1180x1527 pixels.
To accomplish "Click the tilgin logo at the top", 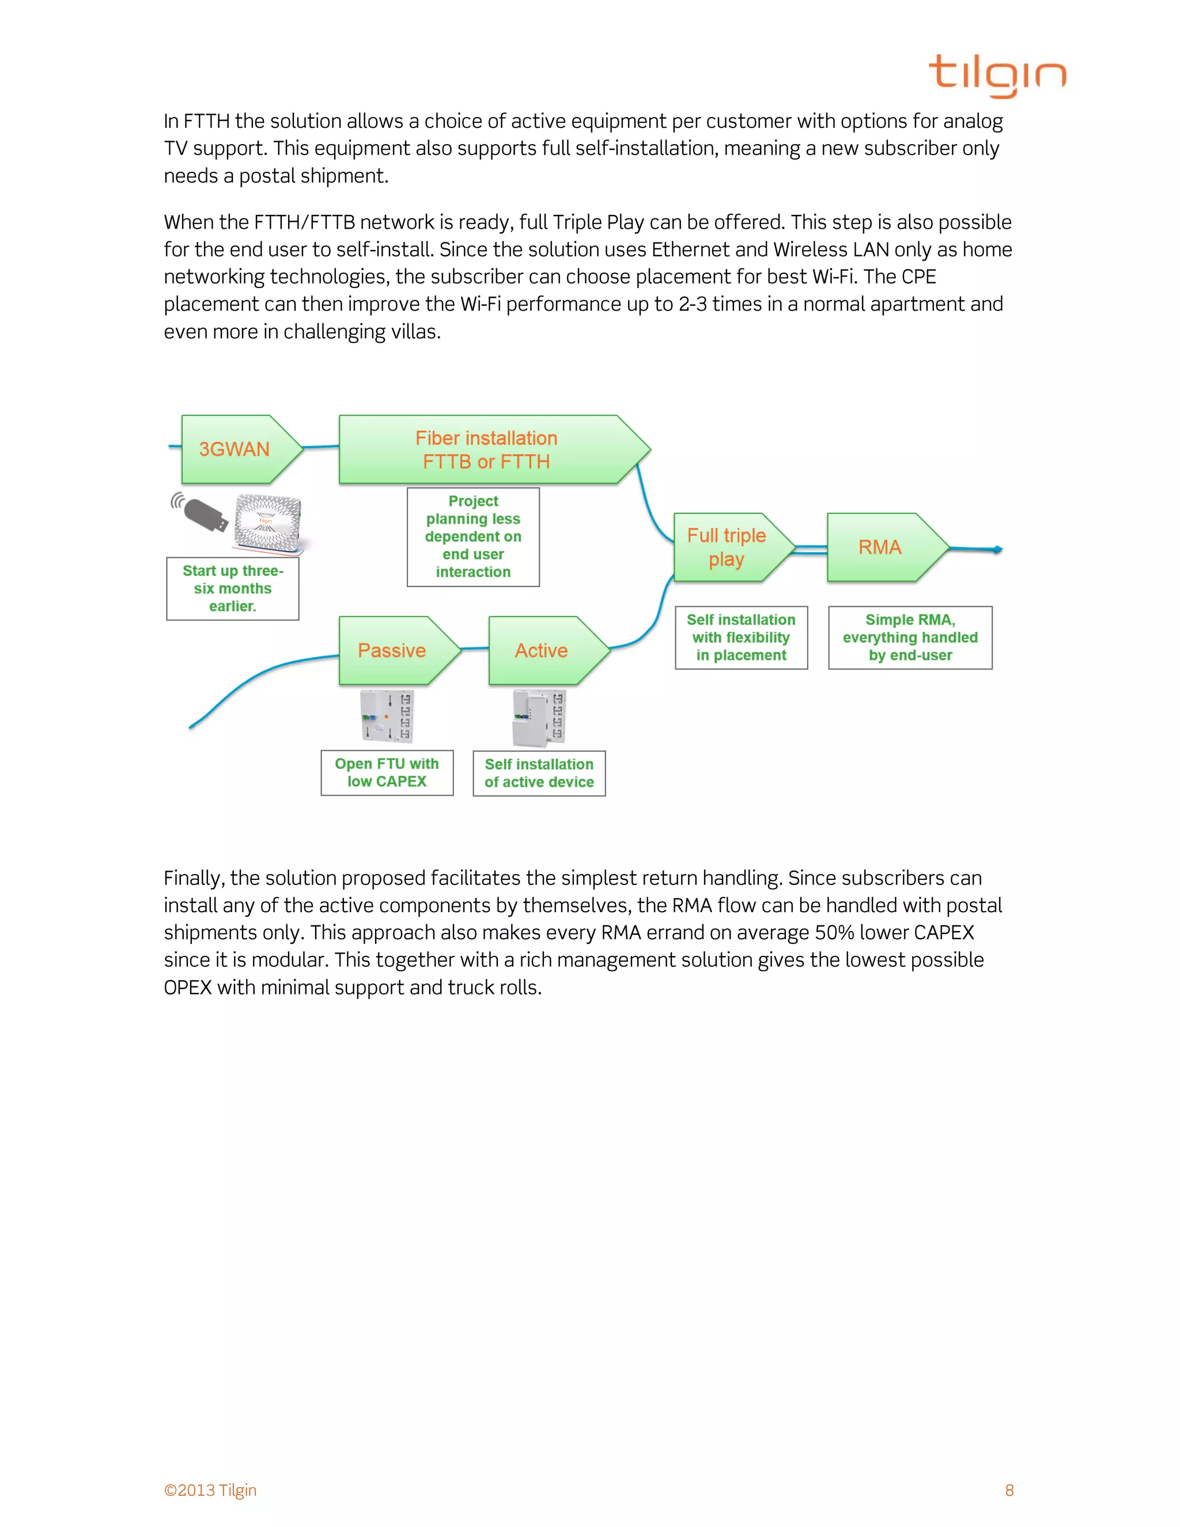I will coord(997,75).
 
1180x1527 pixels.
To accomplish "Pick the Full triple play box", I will coord(728,547).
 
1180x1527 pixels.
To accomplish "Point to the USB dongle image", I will coord(203,513).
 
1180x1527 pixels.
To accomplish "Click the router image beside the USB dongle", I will coord(268,521).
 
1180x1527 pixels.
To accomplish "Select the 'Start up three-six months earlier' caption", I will coord(233,589).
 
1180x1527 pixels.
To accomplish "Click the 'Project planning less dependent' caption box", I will coord(473,537).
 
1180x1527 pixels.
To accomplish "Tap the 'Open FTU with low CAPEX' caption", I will coord(387,773).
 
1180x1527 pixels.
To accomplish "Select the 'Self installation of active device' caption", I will coord(539,773).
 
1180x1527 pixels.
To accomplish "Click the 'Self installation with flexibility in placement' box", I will coord(741,638).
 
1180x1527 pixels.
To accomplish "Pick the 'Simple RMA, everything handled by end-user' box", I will coord(910,638).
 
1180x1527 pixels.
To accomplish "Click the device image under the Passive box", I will coord(387,716).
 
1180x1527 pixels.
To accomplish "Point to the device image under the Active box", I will coord(539,717).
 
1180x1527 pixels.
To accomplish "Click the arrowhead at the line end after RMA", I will coord(999,550).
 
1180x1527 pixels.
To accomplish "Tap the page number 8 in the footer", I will coord(1009,1490).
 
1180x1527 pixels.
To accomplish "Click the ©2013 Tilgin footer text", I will coord(210,1490).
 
